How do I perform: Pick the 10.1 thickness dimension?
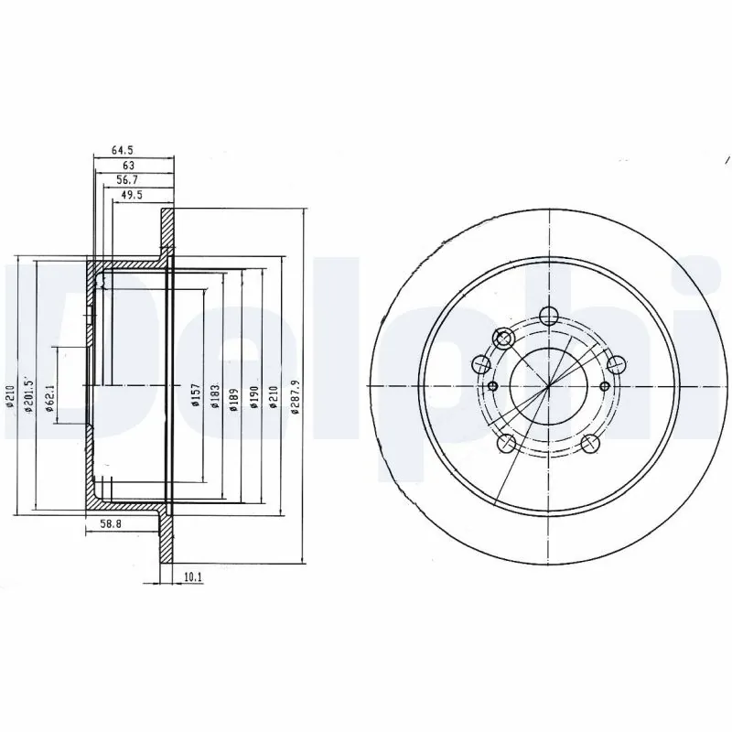click(x=192, y=577)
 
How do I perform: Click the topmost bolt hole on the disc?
click(x=548, y=317)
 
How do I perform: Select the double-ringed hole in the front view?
click(x=503, y=338)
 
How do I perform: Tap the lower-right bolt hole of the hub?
click(x=591, y=445)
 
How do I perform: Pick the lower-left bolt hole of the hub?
click(x=505, y=445)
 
